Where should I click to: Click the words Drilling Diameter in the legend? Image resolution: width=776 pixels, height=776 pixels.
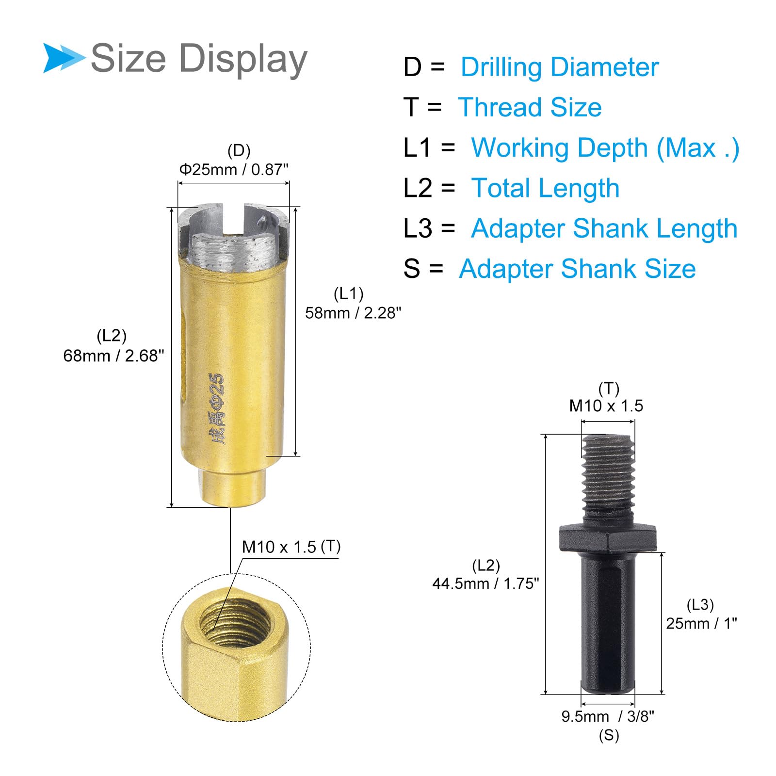(x=560, y=67)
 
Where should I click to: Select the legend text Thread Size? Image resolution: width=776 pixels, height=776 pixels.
(x=530, y=107)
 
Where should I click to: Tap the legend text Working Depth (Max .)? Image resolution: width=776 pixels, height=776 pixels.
(x=605, y=148)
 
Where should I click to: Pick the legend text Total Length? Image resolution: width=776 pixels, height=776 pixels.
(x=545, y=188)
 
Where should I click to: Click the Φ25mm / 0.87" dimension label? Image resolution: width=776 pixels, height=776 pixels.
(x=234, y=169)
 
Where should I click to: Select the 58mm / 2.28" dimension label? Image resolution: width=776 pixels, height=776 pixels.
(x=353, y=313)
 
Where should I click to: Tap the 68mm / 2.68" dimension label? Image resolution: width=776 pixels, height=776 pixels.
(x=113, y=356)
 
